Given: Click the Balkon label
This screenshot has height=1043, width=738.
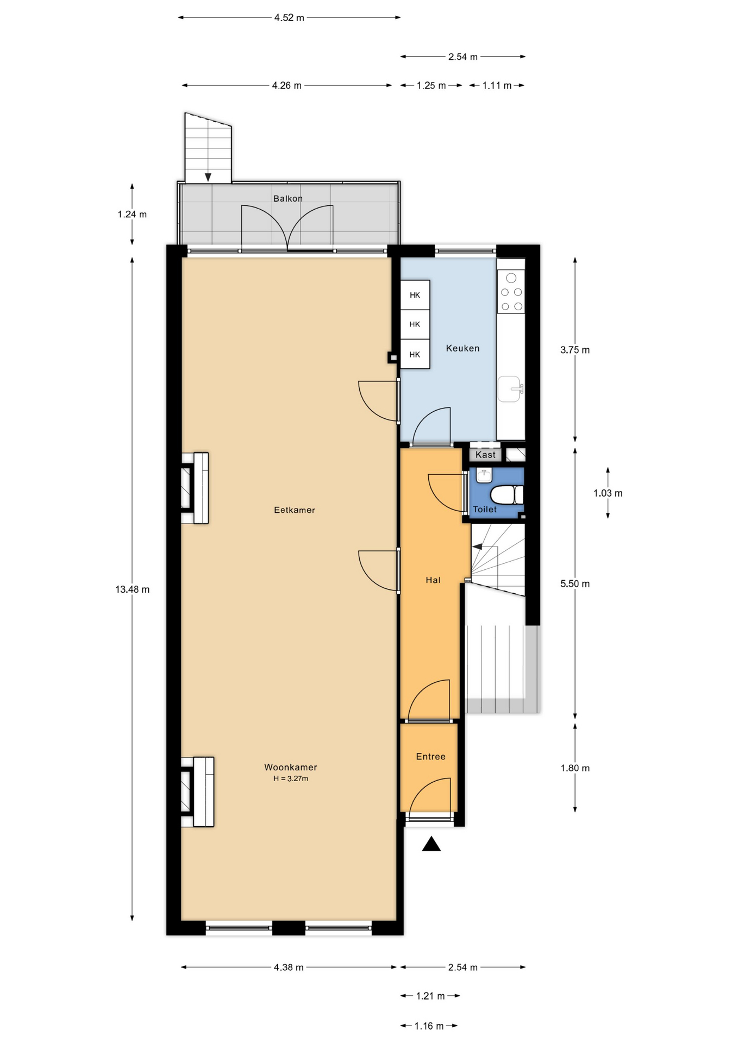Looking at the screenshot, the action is coord(287,198).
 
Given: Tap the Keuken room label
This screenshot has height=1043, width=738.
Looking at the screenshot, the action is coord(462,348).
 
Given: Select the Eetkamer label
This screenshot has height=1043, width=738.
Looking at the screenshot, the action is coord(295,510).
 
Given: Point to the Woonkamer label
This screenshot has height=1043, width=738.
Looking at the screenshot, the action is coord(291,767).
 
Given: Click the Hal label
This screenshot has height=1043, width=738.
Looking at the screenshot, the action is coord(433,580).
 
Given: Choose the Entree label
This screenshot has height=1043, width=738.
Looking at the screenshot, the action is coord(431,756).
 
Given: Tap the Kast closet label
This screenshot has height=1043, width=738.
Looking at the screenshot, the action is coord(485,455).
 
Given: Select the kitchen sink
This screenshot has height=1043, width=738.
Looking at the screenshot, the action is coord(511,389).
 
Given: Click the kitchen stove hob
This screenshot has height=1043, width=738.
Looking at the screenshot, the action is coord(511,292).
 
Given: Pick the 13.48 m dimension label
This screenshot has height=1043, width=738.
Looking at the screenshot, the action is coord(132,589).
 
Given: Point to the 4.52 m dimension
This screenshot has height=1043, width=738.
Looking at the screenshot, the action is coord(289,17).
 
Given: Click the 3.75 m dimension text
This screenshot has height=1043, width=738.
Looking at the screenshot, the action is coord(575,350).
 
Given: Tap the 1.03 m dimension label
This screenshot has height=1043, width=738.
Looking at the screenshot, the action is coord(608,493).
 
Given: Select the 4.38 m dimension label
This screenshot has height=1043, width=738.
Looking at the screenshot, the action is coord(289,967).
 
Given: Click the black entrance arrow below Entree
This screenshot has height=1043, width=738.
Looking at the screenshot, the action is coord(431,844).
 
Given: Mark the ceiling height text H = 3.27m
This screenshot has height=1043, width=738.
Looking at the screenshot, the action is coord(291,778).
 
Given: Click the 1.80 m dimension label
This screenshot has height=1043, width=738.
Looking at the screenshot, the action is coord(575,768).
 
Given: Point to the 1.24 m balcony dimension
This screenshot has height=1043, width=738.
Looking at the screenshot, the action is coord(132,214).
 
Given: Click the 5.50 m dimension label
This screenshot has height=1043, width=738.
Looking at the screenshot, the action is coord(575,584).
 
